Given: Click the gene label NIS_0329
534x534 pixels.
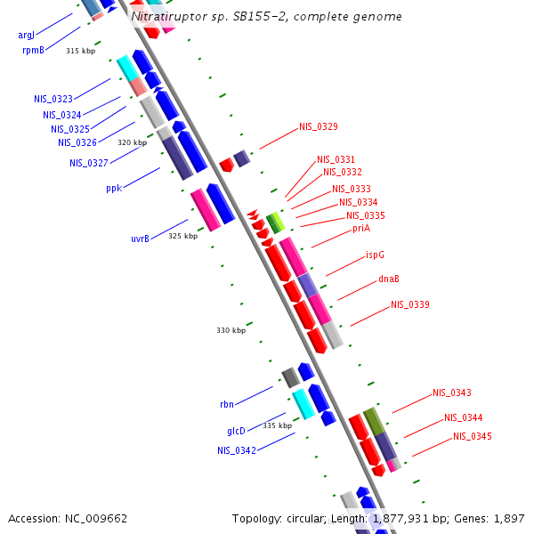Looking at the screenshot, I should point(318,126).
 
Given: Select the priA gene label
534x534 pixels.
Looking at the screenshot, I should point(360,228).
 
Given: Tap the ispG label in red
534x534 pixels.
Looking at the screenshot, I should point(375,255).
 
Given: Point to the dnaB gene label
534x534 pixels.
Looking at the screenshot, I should point(388,279).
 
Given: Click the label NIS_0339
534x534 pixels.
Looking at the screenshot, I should point(409,304).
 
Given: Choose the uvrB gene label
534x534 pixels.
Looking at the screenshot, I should point(140,239).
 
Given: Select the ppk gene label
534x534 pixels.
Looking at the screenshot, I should point(114,188).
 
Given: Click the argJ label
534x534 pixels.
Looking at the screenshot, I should point(27,36).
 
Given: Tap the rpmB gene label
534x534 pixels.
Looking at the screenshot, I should point(33,51).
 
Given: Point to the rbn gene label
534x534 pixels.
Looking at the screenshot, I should point(227,404).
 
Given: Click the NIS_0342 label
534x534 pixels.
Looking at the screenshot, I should point(237,450).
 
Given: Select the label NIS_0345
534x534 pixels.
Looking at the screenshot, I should point(472,436).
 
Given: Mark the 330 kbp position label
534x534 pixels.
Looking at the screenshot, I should point(231,330).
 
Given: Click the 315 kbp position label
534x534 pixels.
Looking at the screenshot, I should point(80,51).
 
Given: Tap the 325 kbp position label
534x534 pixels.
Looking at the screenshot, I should point(182,236).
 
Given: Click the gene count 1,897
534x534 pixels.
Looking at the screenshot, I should point(509,518).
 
